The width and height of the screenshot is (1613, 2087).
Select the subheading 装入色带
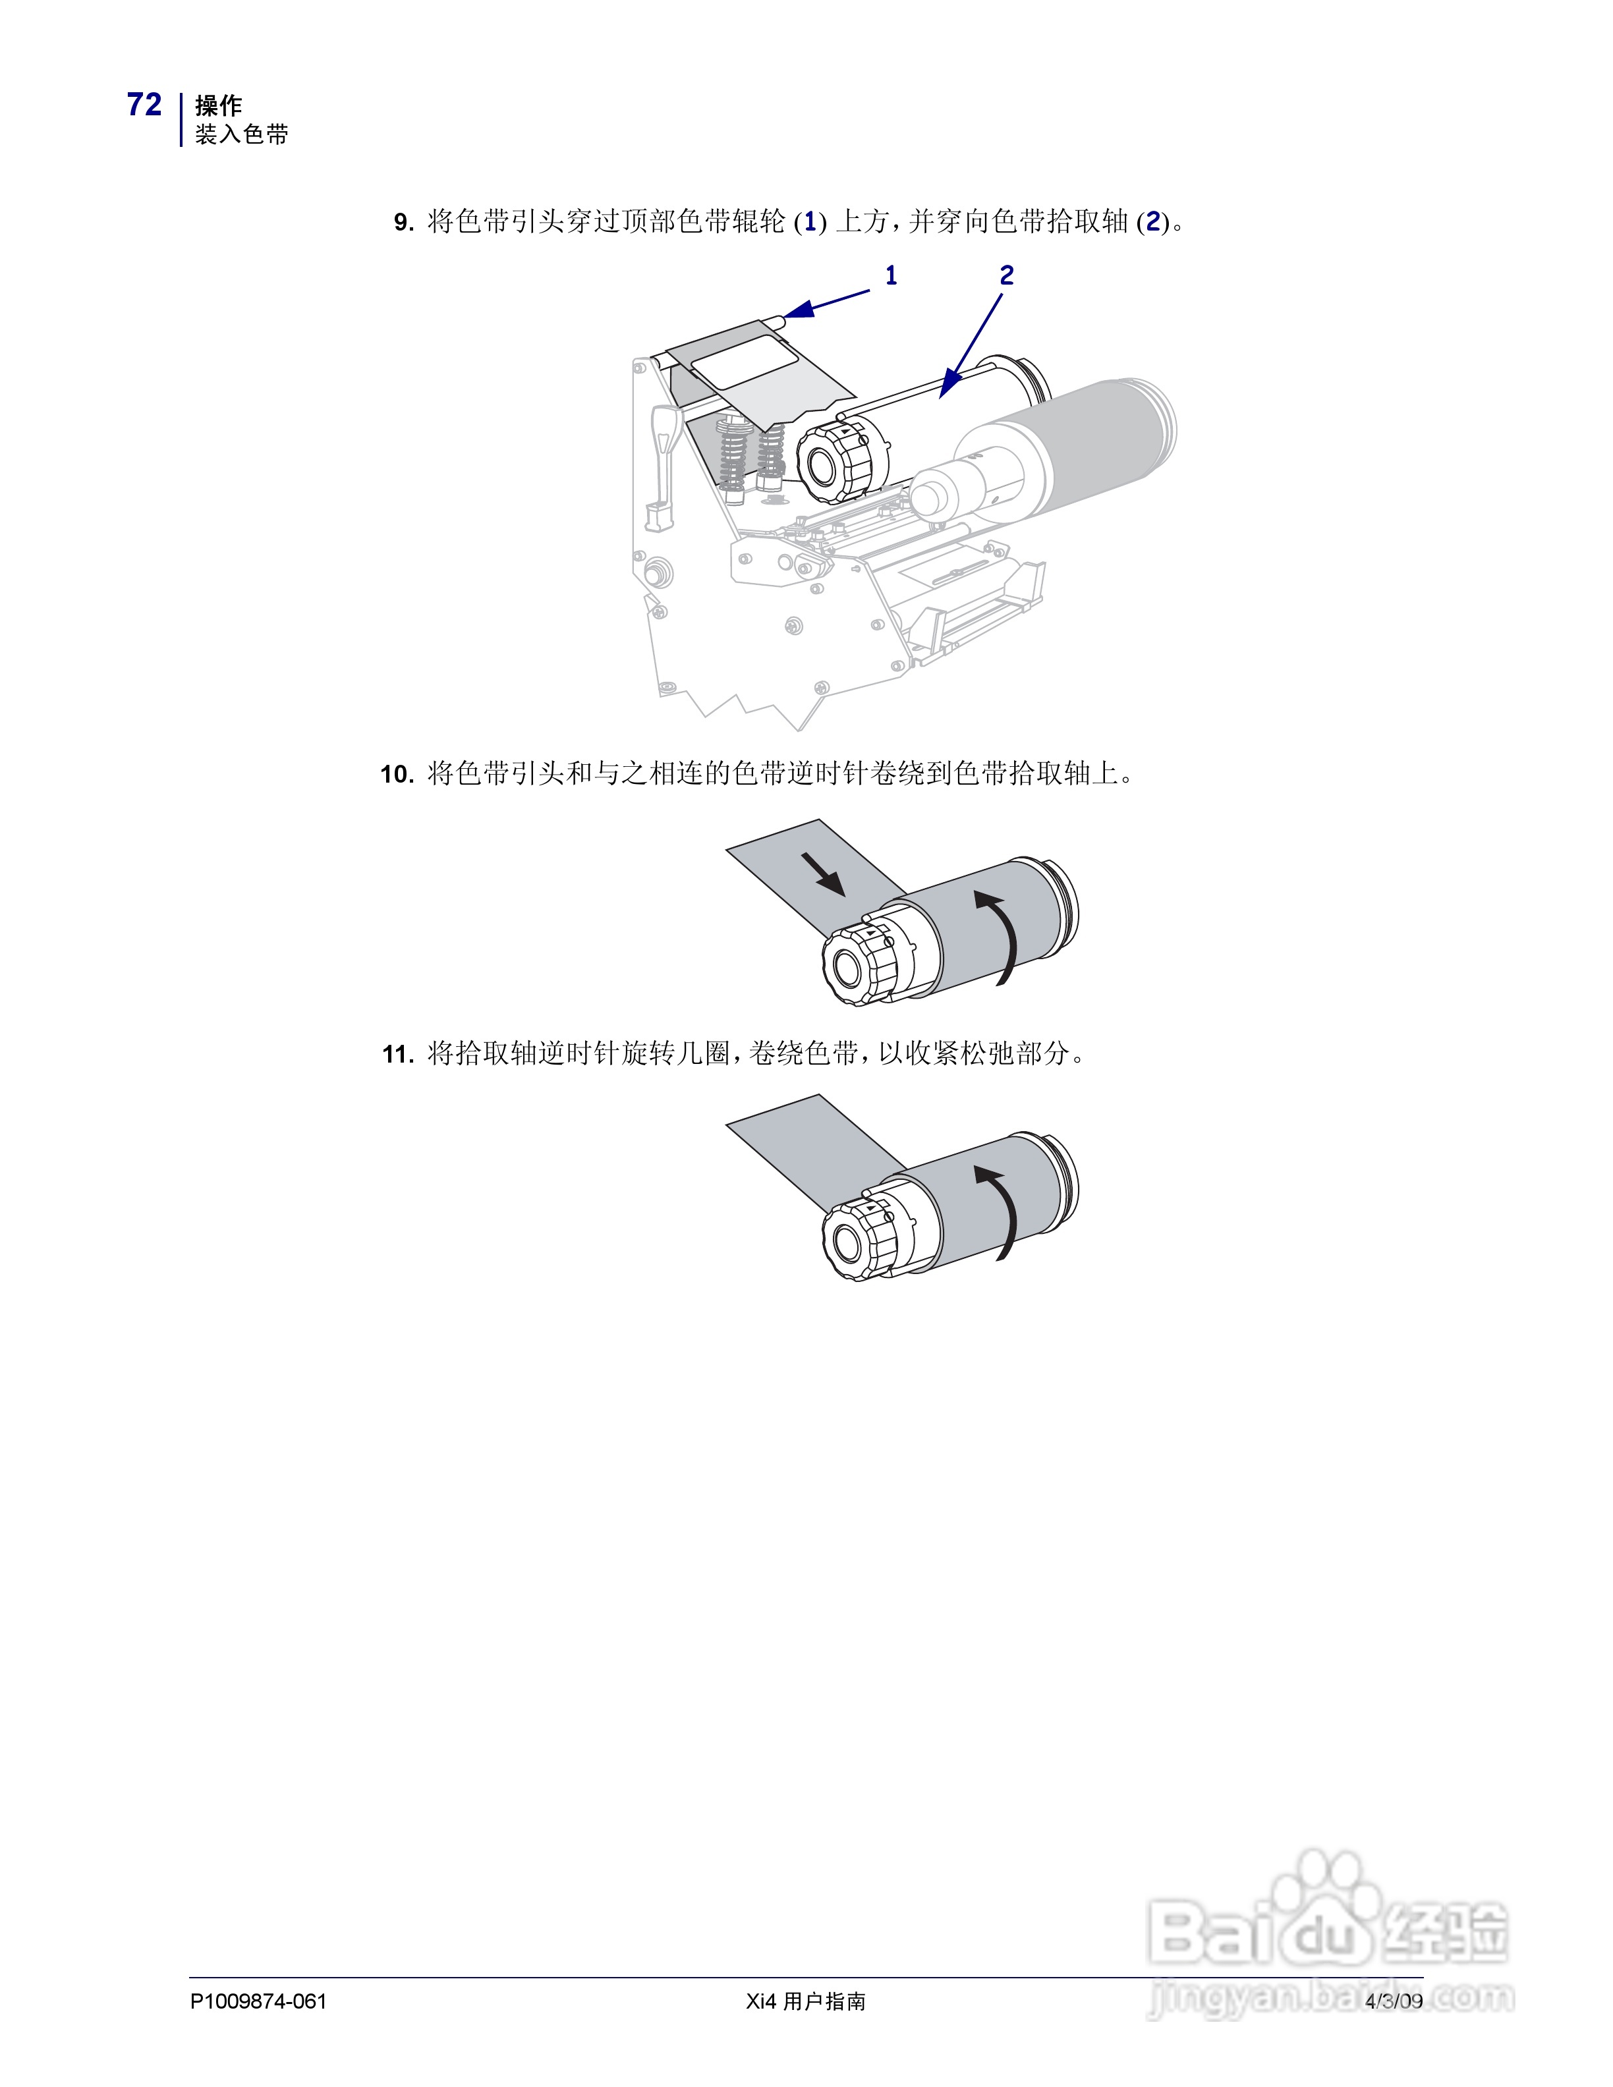[242, 135]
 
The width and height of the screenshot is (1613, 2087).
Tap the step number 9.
[403, 223]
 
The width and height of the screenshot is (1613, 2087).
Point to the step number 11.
[397, 1054]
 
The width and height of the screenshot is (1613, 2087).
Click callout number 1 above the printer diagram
[891, 276]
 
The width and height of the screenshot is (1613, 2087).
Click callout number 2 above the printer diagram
[1006, 276]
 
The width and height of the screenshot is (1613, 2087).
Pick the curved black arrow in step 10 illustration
[1002, 937]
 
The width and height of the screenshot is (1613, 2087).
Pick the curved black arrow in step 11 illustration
[1002, 1211]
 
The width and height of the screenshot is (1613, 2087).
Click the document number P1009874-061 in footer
[258, 2001]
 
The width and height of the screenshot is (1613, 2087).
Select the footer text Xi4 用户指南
[806, 2001]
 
